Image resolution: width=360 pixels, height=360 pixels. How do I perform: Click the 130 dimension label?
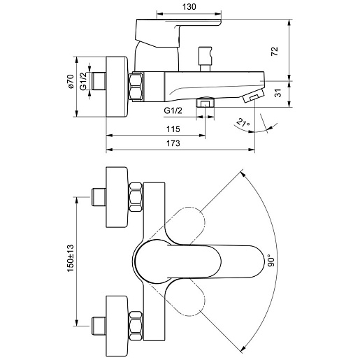click(x=189, y=7)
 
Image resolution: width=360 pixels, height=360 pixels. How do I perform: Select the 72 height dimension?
click(x=275, y=51)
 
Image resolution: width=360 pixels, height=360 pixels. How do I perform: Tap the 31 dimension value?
click(x=278, y=93)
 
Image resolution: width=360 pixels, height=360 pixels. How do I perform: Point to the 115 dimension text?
click(x=173, y=129)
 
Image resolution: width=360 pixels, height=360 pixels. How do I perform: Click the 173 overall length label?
click(x=173, y=143)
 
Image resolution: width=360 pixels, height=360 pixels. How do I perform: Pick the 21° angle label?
click(x=243, y=122)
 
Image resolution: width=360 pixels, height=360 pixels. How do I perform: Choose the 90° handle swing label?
click(x=271, y=260)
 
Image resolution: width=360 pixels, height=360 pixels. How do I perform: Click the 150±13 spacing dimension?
click(x=70, y=258)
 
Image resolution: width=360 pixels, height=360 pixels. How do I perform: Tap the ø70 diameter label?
click(x=70, y=81)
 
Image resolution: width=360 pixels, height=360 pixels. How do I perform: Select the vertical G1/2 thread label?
click(x=83, y=81)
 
